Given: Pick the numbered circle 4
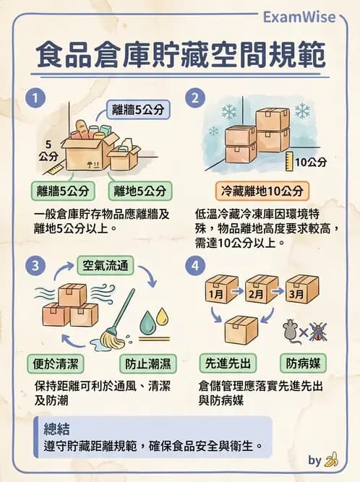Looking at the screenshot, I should tap(195, 266).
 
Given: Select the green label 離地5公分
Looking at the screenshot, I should tap(140, 191).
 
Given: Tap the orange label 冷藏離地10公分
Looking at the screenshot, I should tap(262, 191).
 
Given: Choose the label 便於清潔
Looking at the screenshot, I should tap(56, 362).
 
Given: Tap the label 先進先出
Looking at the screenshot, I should tap(225, 363).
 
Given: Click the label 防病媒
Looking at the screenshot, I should tap(304, 363).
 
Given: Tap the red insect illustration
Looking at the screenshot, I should tap(318, 332).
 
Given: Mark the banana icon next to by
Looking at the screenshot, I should tap(332, 459).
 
